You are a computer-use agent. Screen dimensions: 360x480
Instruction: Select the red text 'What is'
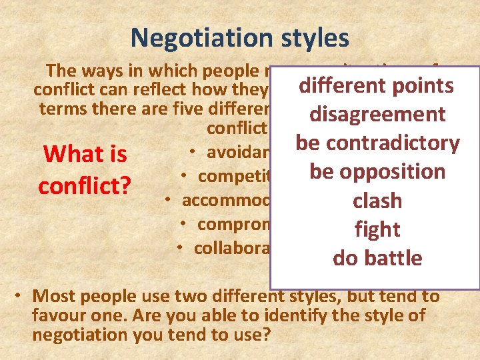[85, 155]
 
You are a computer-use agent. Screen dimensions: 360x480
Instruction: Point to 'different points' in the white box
[377, 86]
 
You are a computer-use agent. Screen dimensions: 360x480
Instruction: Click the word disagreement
[377, 115]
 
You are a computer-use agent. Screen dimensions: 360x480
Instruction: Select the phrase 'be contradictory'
[377, 143]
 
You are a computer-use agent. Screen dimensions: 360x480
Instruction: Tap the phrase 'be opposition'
[377, 172]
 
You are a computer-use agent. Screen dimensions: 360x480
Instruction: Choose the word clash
[377, 201]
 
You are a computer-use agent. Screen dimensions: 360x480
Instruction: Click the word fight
[377, 229]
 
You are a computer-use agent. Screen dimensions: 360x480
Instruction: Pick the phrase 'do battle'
[377, 258]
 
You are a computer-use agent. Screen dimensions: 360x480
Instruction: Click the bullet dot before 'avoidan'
[191, 152]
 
